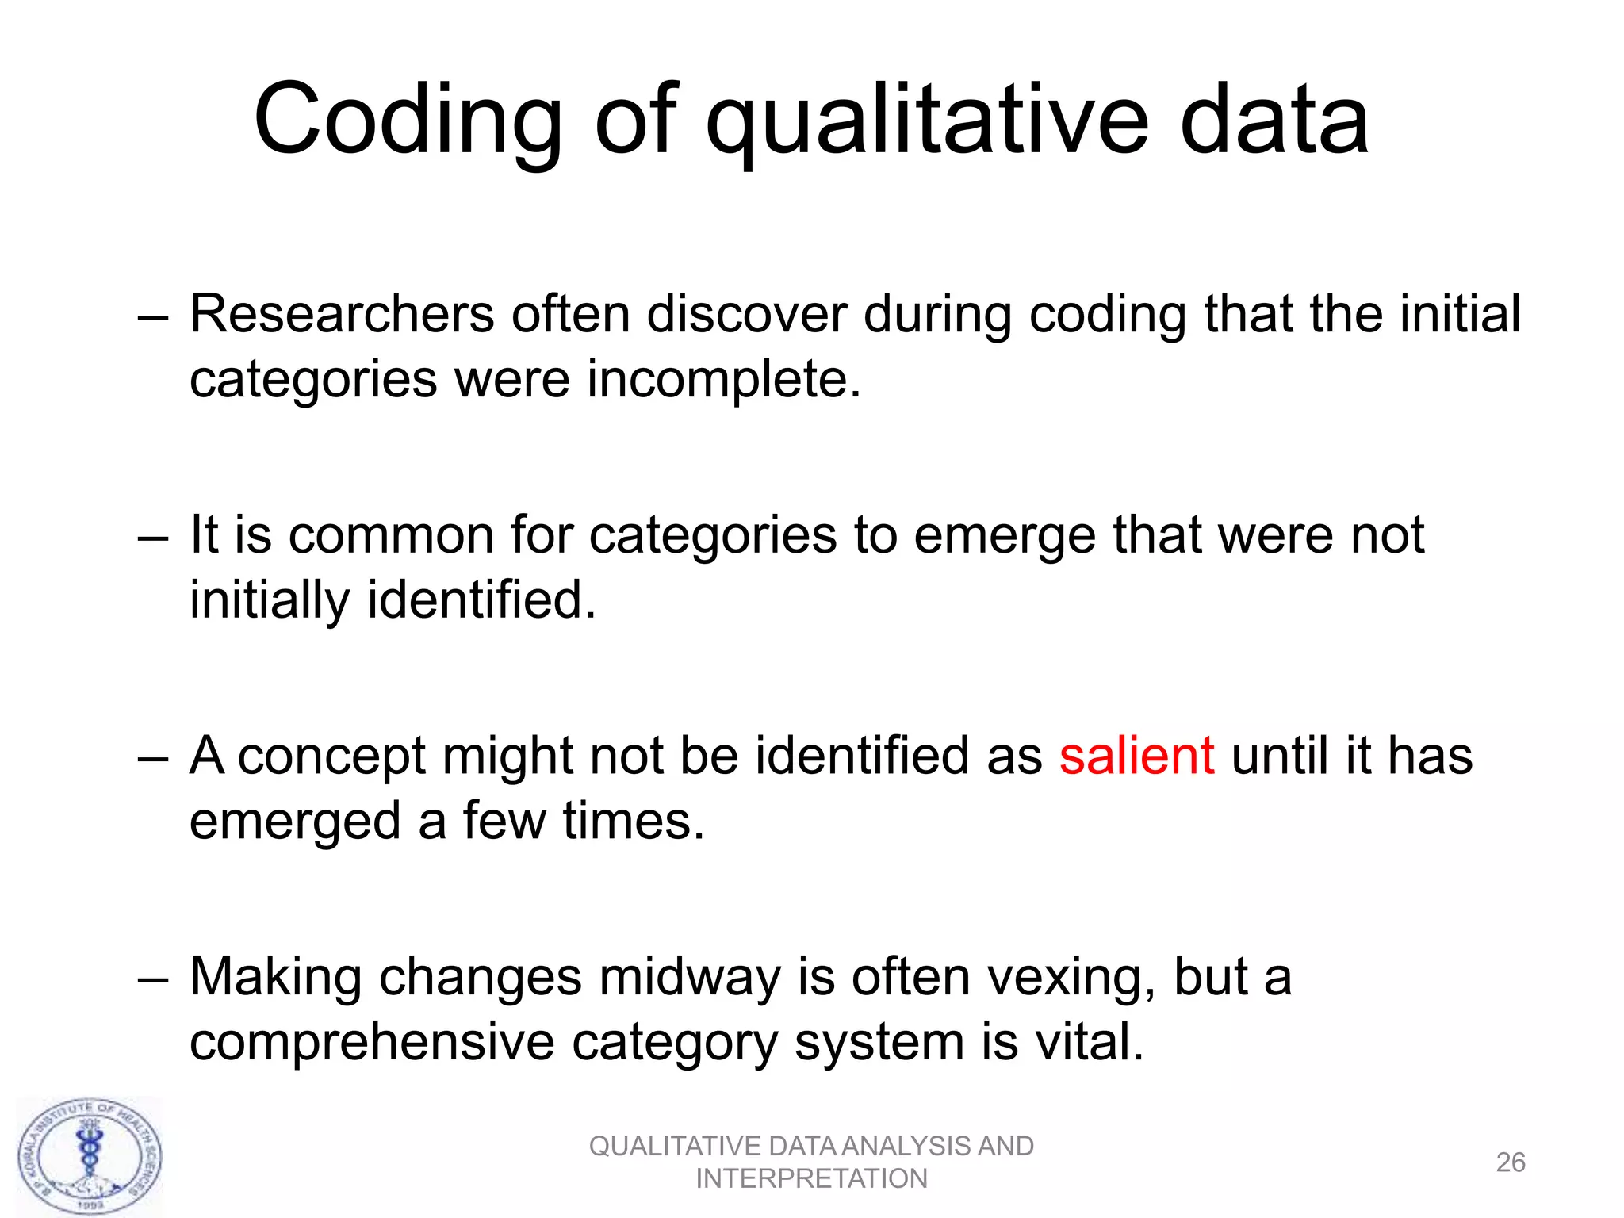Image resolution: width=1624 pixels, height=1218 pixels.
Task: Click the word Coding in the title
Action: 408,121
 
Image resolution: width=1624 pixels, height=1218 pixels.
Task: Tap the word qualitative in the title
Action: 926,121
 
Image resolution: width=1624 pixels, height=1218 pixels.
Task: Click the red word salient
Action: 1136,755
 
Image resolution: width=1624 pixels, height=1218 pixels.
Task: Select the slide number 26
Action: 1510,1162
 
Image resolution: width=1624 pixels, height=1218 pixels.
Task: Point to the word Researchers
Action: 342,314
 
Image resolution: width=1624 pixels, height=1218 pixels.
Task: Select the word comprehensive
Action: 372,1041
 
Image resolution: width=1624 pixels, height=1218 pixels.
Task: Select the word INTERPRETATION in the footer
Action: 811,1179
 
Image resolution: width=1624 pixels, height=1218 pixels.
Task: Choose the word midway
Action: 690,977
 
